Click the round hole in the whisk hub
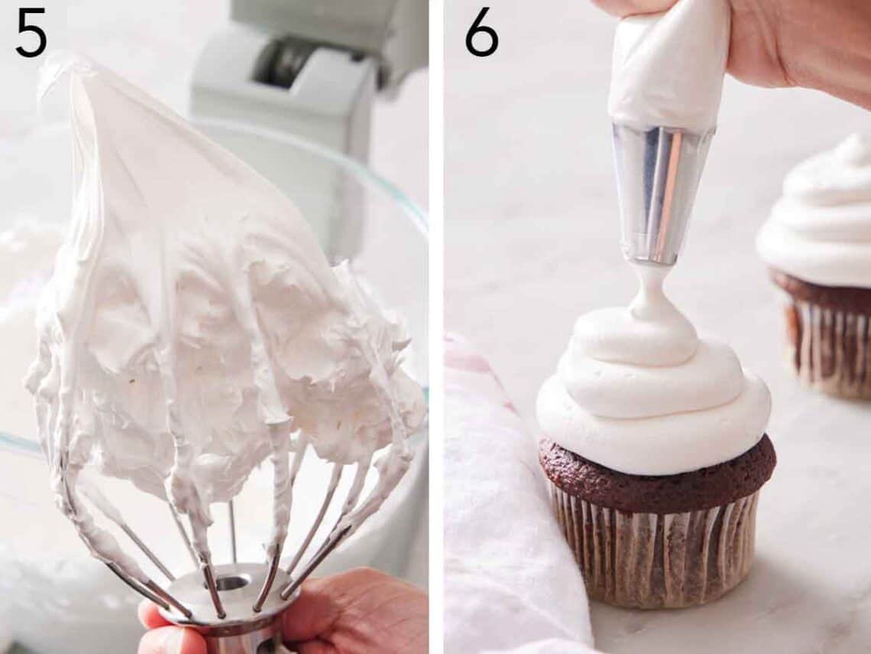[x=231, y=584]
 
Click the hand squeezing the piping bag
[x=795, y=46]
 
